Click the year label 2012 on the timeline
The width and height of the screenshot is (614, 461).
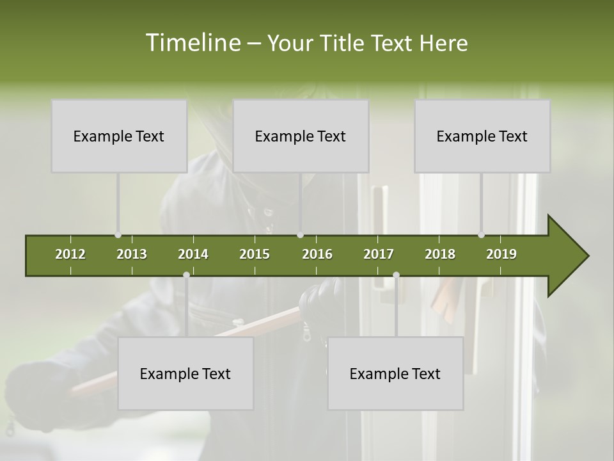pos(70,254)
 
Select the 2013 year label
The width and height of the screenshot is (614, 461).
pos(132,254)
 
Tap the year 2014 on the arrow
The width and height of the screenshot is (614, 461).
pos(193,254)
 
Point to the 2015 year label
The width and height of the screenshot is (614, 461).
pos(255,254)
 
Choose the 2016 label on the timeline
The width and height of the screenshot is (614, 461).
pos(317,254)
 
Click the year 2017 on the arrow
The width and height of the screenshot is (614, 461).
pos(379,254)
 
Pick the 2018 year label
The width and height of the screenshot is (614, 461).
pos(440,254)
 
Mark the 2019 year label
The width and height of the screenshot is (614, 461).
pos(501,254)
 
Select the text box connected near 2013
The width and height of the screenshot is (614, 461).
pos(119,136)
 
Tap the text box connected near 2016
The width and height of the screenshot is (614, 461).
pos(301,136)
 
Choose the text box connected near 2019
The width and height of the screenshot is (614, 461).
pos(482,136)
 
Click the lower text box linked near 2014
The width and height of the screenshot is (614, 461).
pos(185,373)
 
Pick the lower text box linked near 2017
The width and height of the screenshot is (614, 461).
pos(395,373)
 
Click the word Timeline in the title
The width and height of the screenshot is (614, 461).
pos(192,43)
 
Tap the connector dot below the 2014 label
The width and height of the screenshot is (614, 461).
pos(186,275)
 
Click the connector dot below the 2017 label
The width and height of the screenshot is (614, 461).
pos(396,275)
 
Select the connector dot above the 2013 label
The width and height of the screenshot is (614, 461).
pos(118,235)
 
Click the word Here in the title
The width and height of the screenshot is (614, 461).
pos(443,43)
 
